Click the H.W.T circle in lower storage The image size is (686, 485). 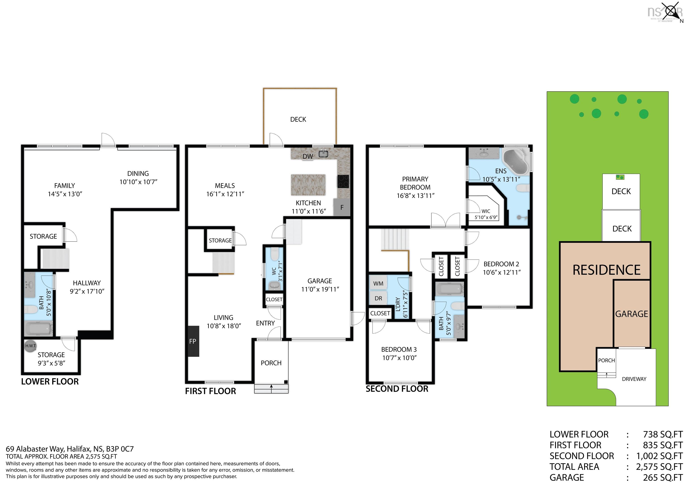tap(30, 346)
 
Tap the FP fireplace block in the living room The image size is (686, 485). tap(193, 341)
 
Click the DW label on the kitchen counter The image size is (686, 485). tap(308, 156)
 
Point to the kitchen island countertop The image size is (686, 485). tap(308, 185)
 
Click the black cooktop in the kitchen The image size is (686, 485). tap(343, 181)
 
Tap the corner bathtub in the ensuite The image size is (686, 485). tap(515, 162)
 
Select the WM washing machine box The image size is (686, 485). tap(378, 283)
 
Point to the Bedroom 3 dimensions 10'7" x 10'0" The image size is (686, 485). tap(399, 358)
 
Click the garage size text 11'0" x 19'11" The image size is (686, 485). tap(320, 289)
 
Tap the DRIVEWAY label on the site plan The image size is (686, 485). tap(634, 379)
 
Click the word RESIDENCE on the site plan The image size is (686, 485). tap(606, 270)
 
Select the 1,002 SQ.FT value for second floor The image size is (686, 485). tap(659, 456)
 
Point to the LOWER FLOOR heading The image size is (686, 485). tap(50, 382)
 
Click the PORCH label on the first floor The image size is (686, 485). tap(271, 363)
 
